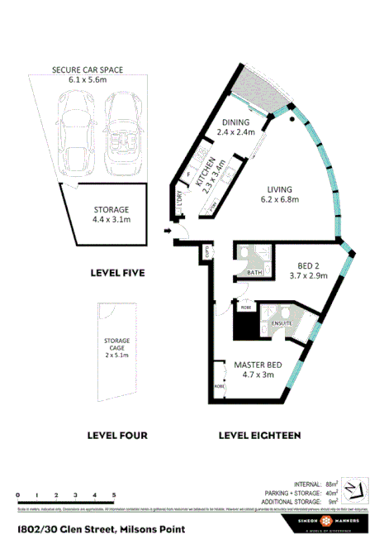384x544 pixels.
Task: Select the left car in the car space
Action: tap(73, 124)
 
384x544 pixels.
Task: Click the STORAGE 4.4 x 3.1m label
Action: tap(110, 214)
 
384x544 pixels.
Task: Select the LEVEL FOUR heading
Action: tap(117, 435)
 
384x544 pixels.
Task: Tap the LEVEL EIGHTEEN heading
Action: tap(258, 435)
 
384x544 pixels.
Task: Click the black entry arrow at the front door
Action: tap(169, 231)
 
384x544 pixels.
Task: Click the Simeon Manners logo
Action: tap(327, 524)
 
